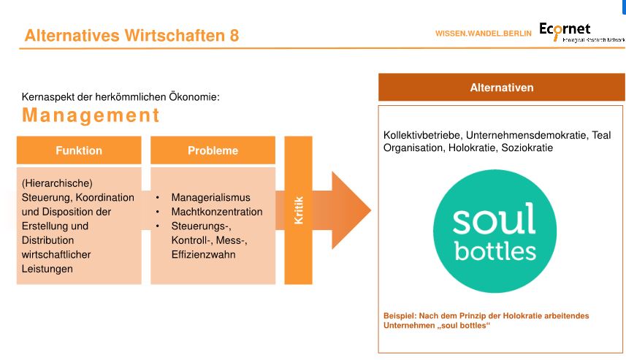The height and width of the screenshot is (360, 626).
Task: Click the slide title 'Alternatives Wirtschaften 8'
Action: (x=131, y=35)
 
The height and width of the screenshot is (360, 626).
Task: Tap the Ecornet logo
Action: (x=581, y=33)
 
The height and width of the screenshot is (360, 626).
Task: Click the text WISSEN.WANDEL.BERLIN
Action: (x=483, y=34)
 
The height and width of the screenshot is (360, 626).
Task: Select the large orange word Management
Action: (x=91, y=115)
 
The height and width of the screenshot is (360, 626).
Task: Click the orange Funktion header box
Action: (x=79, y=150)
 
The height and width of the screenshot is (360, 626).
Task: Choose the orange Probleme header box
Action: (x=213, y=150)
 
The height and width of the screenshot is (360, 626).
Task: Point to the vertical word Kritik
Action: (x=298, y=210)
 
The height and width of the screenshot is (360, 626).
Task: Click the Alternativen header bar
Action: (x=500, y=88)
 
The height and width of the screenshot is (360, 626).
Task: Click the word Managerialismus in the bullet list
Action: (x=210, y=198)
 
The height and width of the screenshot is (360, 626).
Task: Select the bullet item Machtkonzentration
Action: (x=217, y=212)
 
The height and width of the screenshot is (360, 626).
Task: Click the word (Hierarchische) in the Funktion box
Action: (x=52, y=183)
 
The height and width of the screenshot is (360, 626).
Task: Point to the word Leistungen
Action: (x=47, y=269)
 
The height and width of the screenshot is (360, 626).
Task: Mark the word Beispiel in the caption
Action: (x=400, y=315)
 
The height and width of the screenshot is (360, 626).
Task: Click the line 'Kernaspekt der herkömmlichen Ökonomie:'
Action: (x=121, y=96)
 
